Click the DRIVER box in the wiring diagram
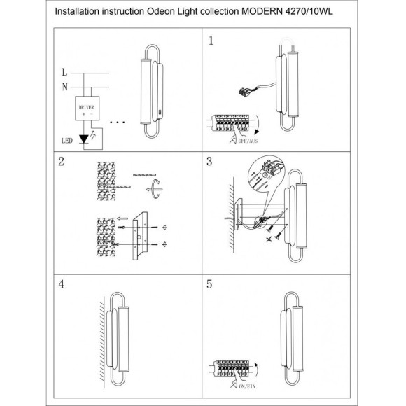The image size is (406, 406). [87, 108]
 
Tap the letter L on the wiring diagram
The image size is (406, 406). [64, 72]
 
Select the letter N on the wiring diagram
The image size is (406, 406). [64, 87]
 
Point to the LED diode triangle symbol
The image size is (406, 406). [83, 139]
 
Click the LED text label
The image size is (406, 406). [66, 141]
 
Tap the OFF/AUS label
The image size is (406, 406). [248, 141]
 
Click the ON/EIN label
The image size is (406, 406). [247, 386]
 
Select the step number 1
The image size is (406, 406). [211, 41]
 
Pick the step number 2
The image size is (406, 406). [61, 161]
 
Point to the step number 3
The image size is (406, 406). [209, 161]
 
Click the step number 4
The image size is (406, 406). [61, 284]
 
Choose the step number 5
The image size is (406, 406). [209, 284]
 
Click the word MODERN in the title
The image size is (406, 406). [262, 11]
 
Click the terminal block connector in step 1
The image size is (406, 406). [245, 92]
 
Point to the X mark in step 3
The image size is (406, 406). [269, 239]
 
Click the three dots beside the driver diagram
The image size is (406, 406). [118, 122]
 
